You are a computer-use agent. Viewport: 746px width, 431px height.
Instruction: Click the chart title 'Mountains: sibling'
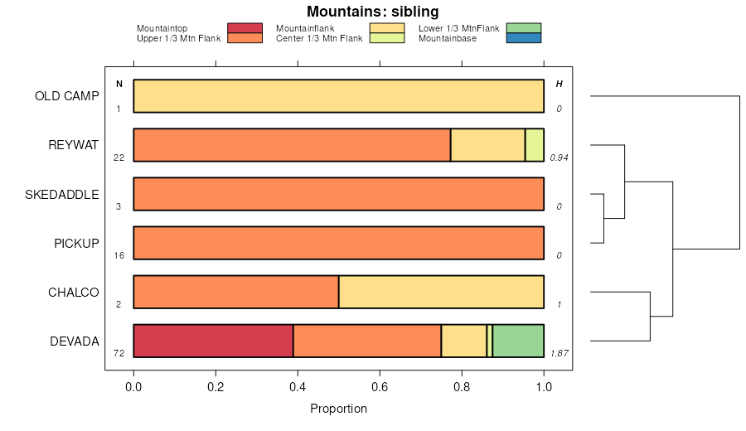click(x=372, y=12)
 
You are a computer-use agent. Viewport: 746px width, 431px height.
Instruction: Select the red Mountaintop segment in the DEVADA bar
click(x=213, y=341)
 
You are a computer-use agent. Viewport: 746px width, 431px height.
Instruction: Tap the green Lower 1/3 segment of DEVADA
click(x=518, y=341)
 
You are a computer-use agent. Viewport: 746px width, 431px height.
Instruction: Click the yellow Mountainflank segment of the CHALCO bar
click(x=441, y=292)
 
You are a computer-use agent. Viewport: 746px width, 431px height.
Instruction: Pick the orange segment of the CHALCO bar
click(x=235, y=292)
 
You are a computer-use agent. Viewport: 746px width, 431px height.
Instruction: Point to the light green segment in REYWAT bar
click(x=535, y=145)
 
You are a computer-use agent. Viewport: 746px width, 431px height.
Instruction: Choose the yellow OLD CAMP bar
click(x=338, y=96)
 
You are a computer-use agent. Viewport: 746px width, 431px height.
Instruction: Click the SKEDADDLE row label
click(x=62, y=194)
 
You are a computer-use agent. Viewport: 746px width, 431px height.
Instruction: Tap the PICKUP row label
click(x=76, y=243)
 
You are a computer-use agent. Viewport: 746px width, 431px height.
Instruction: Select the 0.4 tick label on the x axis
click(x=298, y=386)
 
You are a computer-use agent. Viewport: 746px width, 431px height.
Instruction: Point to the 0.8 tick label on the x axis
click(x=462, y=386)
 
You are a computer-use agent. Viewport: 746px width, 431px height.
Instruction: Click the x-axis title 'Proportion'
click(x=338, y=409)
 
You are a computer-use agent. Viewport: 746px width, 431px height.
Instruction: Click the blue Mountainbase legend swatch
click(x=522, y=38)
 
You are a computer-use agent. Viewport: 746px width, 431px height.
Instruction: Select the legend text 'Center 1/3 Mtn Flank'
click(x=319, y=38)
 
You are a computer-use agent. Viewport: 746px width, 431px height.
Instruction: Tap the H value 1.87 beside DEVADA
click(x=559, y=353)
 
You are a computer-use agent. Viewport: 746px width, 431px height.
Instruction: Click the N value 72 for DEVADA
click(x=119, y=353)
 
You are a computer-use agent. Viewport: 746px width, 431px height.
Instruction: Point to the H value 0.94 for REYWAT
click(x=559, y=157)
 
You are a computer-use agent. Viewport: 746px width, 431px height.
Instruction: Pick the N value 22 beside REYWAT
click(x=119, y=157)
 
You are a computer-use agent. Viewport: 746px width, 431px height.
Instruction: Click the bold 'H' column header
click(x=559, y=84)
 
